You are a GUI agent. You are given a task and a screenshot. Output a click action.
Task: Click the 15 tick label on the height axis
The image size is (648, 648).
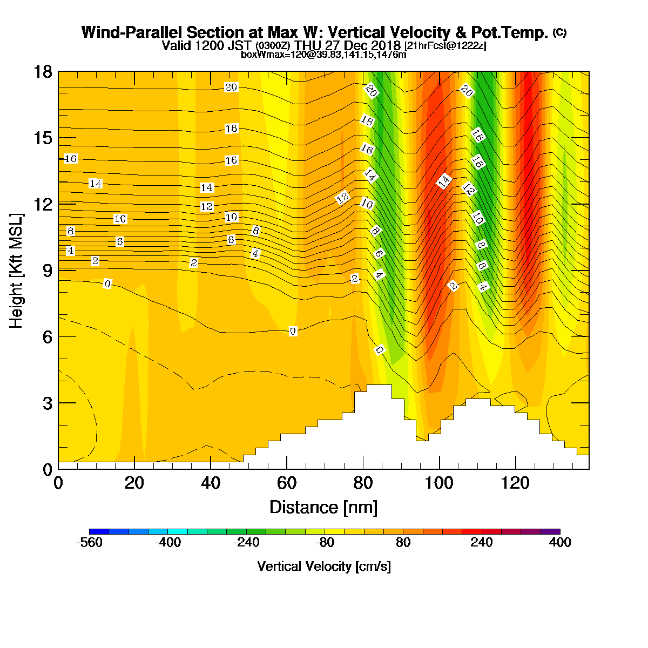click(x=43, y=138)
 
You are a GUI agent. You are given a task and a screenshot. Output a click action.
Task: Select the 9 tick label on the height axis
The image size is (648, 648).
click(x=48, y=271)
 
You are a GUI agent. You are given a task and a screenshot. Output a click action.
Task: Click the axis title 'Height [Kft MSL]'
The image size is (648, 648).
click(x=16, y=271)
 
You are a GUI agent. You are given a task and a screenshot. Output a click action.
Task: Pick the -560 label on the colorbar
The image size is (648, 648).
click(x=89, y=542)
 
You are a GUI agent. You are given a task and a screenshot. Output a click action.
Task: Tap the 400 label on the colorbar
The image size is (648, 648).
click(x=560, y=542)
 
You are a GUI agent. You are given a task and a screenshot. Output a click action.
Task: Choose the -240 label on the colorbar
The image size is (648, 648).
click(x=246, y=542)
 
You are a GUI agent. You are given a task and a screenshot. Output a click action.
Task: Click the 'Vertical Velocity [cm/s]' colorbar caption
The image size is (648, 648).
click(x=324, y=566)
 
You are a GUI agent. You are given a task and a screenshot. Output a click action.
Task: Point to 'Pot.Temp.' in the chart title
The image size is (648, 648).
click(x=509, y=32)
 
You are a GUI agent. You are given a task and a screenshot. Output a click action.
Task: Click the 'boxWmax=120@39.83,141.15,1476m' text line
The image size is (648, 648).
click(x=323, y=55)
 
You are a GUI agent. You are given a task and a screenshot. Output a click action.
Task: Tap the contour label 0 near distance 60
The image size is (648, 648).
click(x=293, y=331)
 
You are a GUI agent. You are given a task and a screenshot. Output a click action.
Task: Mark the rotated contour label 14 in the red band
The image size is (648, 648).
click(x=443, y=181)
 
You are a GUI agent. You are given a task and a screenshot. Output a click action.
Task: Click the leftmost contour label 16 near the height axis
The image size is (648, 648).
click(x=71, y=158)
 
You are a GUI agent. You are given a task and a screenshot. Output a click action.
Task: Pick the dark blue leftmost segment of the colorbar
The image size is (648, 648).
click(x=99, y=531)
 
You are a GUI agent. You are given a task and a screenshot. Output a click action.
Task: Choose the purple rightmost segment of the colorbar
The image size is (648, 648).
click(x=550, y=531)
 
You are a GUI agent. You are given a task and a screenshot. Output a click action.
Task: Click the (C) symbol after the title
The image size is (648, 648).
click(x=560, y=32)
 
